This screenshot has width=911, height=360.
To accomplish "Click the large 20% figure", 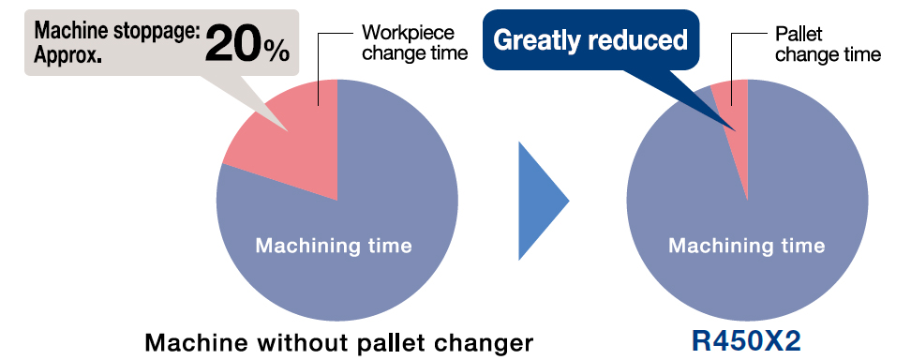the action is click(246, 44).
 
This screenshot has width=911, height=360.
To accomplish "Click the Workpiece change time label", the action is click(414, 42).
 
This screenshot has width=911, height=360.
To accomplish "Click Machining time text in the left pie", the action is click(334, 246).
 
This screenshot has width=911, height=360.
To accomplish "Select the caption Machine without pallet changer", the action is click(338, 342).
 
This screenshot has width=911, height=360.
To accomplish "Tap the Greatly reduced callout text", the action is click(590, 40).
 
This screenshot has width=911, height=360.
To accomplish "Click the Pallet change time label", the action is click(828, 44).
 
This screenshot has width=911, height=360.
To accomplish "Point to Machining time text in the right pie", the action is click(747, 246).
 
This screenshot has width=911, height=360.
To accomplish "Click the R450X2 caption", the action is click(746, 342).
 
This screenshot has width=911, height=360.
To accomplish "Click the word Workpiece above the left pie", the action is click(408, 33).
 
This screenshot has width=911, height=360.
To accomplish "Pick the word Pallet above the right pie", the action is click(799, 34).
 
